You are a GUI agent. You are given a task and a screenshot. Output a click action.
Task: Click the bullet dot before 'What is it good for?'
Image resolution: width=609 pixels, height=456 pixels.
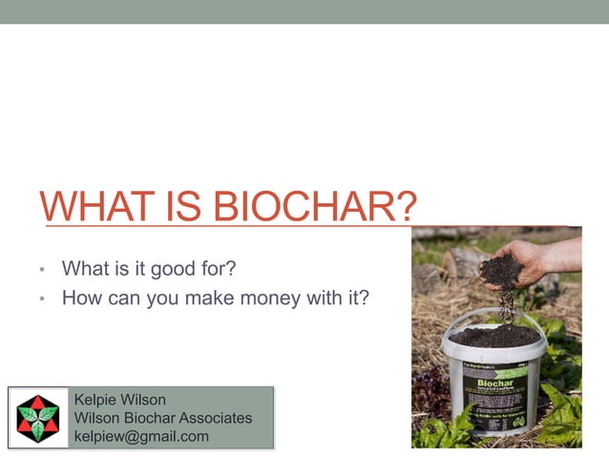pyautogui.click(x=43, y=271)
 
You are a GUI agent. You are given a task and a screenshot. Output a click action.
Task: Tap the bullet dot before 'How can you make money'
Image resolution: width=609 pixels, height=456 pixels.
pyautogui.click(x=43, y=299)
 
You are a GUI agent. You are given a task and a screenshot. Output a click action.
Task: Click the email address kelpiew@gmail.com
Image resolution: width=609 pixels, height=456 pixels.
pyautogui.click(x=141, y=436)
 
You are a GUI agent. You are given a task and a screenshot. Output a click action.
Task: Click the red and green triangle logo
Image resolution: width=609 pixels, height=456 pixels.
pyautogui.click(x=38, y=418)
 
